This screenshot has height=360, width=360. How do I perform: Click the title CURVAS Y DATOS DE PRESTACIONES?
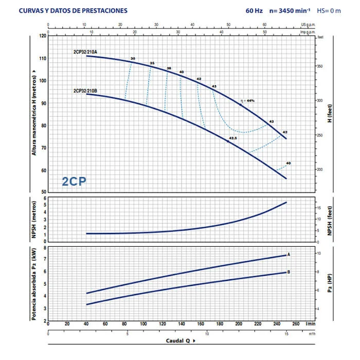click(80, 10)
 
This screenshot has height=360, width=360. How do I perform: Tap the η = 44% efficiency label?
click(247, 100)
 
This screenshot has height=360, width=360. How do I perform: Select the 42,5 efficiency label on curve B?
click(232, 138)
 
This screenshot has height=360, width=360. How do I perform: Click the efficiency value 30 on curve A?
click(133, 59)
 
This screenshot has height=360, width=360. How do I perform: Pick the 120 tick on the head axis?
click(42, 36)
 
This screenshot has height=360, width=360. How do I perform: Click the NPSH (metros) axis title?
click(34, 220)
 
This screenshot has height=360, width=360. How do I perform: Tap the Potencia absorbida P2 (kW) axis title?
click(34, 283)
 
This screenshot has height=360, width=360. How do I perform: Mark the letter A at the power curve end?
click(290, 255)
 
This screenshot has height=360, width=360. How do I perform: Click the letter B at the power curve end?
click(290, 272)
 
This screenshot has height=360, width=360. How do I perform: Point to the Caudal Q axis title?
click(180, 340)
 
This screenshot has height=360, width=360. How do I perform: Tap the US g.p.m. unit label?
click(307, 24)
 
